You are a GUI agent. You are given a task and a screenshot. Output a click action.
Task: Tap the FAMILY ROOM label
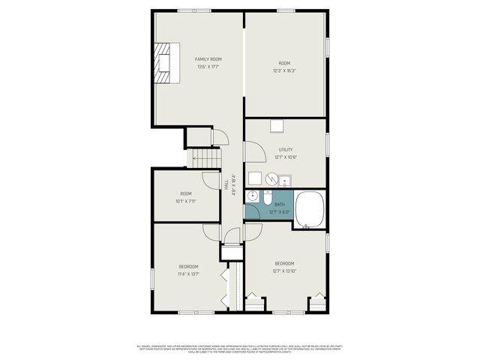click(x=208, y=58)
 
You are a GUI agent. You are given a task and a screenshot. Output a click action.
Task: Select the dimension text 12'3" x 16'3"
click(x=284, y=71)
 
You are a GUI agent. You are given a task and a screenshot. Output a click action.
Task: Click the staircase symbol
click(x=204, y=157)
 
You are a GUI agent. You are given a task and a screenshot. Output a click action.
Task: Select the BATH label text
click(x=280, y=205)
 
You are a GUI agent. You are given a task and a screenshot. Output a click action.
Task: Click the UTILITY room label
click(x=286, y=149)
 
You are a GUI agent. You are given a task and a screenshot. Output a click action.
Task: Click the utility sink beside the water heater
click(x=284, y=180)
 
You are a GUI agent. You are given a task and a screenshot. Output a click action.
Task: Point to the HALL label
click(x=226, y=184)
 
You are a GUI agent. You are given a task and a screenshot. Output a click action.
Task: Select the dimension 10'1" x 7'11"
click(x=185, y=201)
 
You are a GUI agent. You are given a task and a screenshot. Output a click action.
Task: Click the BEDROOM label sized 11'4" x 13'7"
click(x=188, y=266)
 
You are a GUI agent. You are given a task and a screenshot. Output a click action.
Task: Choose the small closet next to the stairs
click(x=198, y=137)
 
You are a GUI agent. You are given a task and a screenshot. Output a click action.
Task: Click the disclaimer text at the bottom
click(x=240, y=349)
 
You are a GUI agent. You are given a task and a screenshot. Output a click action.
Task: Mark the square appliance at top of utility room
click(x=277, y=125)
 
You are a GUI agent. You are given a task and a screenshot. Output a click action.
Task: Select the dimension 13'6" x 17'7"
click(x=208, y=67)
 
